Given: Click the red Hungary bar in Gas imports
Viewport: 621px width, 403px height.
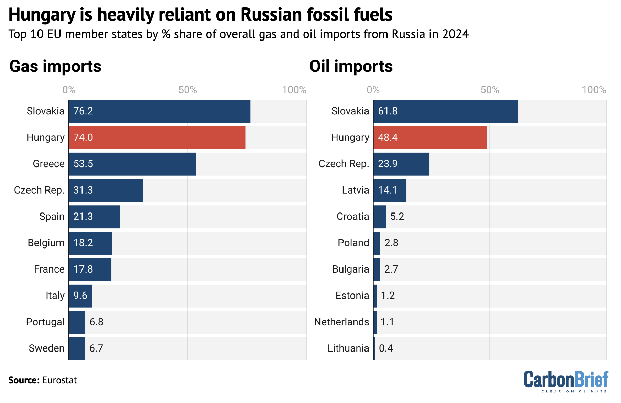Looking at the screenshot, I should coord(157,138).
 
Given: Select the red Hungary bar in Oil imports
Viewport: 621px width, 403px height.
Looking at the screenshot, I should coord(430,138).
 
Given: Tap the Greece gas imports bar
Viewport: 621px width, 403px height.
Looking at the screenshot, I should coord(132,164).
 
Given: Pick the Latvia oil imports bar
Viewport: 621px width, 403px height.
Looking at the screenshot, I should coord(390,191).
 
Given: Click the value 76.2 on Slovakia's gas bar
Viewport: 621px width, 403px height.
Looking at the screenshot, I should coord(83,111).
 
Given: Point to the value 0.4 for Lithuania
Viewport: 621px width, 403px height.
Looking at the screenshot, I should coord(386,348).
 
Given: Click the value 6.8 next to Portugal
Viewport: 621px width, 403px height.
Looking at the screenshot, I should coord(96,322).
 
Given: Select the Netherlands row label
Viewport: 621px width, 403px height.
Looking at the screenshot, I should coord(341,322).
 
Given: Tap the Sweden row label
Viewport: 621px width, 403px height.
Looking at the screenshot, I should coord(46,348).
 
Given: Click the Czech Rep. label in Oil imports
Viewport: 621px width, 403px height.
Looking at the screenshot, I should coord(344,164).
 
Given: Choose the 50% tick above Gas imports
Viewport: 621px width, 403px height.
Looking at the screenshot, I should coord(188,90).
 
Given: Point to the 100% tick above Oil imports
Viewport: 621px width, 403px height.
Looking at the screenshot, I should coord(594,90).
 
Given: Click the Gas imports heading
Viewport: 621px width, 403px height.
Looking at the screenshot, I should coord(55,66).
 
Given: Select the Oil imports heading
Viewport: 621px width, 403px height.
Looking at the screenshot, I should coord(351,66).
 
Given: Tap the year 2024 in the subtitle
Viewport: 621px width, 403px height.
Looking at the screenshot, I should coord(455,34).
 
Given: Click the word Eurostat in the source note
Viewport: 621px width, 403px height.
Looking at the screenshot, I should coord(59,380).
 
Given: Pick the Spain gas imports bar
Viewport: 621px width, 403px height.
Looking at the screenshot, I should coord(95,217).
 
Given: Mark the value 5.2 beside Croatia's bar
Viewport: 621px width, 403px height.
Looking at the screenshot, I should coord(397,217).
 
